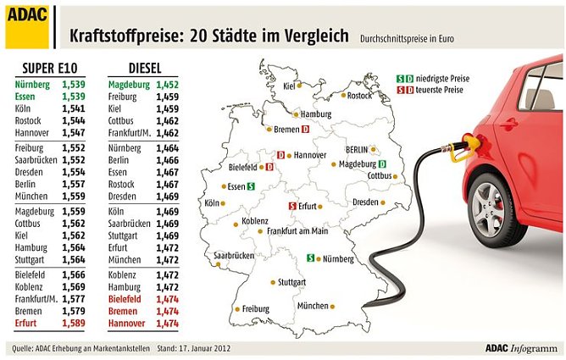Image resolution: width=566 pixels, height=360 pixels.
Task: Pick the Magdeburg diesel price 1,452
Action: (163, 85)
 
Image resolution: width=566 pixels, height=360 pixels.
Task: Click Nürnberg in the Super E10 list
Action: (33, 85)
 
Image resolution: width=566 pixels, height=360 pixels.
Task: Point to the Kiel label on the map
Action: (289, 86)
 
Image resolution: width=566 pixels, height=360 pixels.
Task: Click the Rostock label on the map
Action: (358, 96)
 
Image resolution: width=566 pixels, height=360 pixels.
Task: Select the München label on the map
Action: (312, 305)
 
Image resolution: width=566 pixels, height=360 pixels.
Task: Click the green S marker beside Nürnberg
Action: (310, 258)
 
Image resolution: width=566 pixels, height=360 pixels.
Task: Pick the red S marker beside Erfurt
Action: (292, 206)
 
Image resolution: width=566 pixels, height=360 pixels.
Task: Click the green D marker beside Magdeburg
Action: (382, 163)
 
